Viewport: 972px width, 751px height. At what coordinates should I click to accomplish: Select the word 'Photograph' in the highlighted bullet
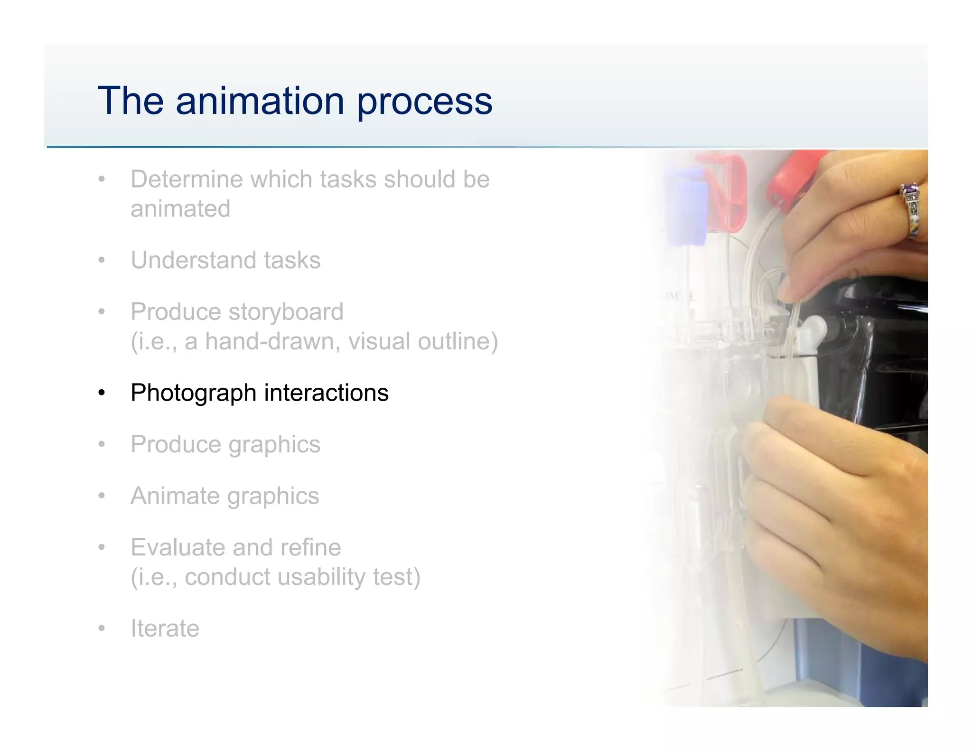194,393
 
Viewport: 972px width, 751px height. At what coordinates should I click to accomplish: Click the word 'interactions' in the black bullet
326,393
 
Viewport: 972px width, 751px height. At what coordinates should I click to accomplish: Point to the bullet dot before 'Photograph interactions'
101,393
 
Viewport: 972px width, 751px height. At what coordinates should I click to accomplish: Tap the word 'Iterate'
165,628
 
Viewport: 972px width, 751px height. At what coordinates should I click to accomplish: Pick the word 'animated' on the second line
180,209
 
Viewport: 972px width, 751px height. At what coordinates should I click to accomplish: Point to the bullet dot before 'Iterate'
101,629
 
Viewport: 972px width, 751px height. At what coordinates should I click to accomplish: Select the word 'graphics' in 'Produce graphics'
274,445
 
